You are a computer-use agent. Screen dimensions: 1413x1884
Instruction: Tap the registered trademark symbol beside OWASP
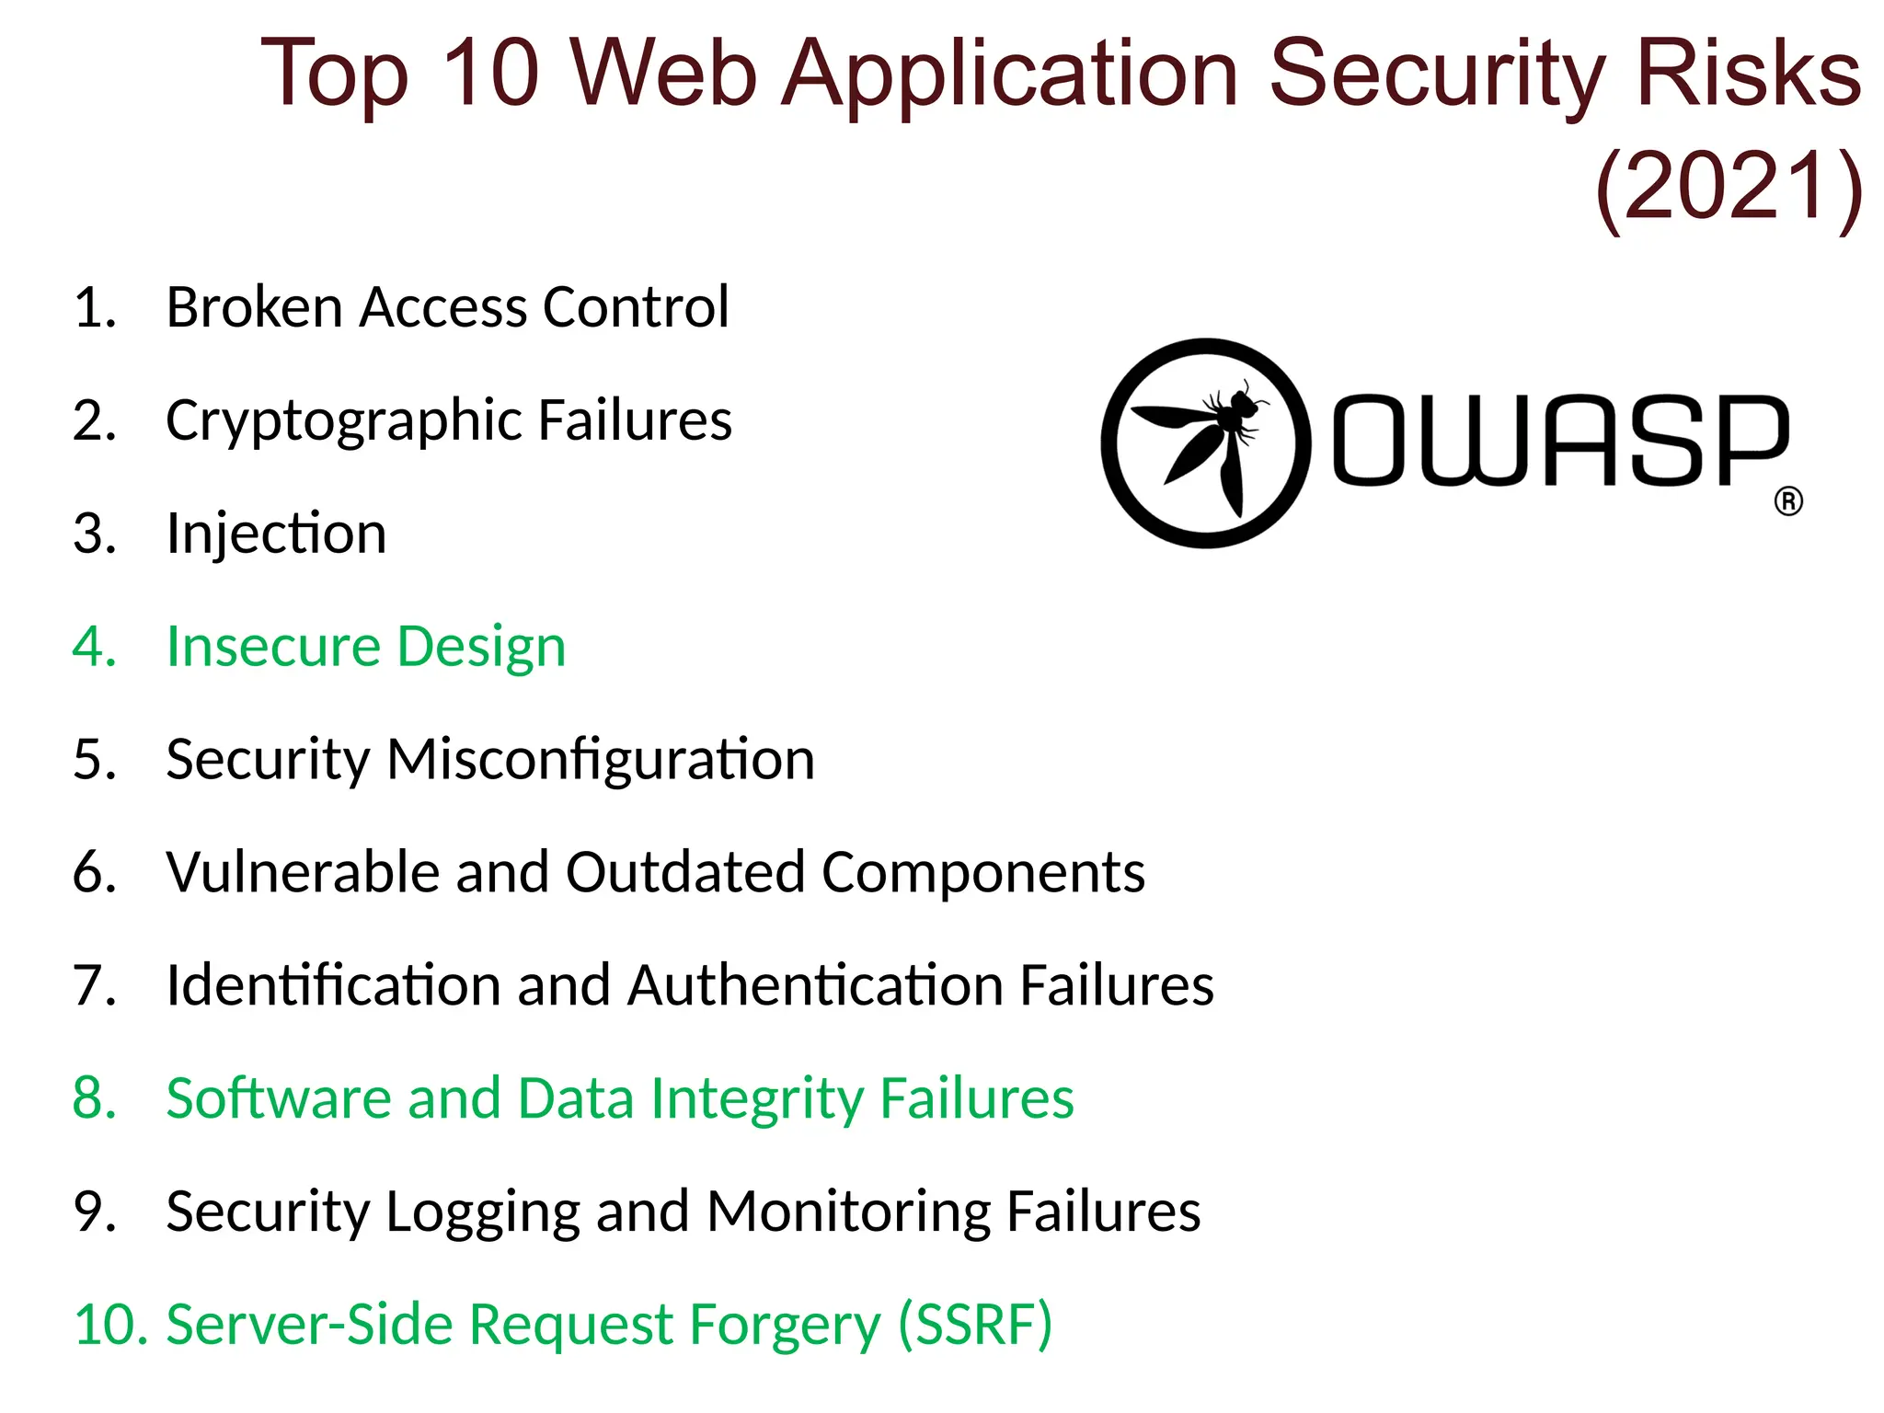pos(1787,502)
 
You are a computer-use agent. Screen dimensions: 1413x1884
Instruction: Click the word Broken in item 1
pos(254,307)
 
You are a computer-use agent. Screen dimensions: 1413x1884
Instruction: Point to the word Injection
pos(276,534)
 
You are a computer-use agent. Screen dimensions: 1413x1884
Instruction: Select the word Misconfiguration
pos(601,760)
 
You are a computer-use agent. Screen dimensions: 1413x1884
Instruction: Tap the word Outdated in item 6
pos(685,872)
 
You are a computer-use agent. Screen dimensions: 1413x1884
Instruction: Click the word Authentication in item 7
pos(815,985)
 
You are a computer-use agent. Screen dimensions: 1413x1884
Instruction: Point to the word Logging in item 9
pos(482,1212)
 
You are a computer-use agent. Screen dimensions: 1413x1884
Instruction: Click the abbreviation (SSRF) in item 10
pos(974,1325)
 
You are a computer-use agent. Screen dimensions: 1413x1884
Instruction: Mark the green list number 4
pos(93,647)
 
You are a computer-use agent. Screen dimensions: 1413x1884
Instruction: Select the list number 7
pos(93,985)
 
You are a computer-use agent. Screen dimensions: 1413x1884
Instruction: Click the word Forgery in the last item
pos(785,1325)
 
